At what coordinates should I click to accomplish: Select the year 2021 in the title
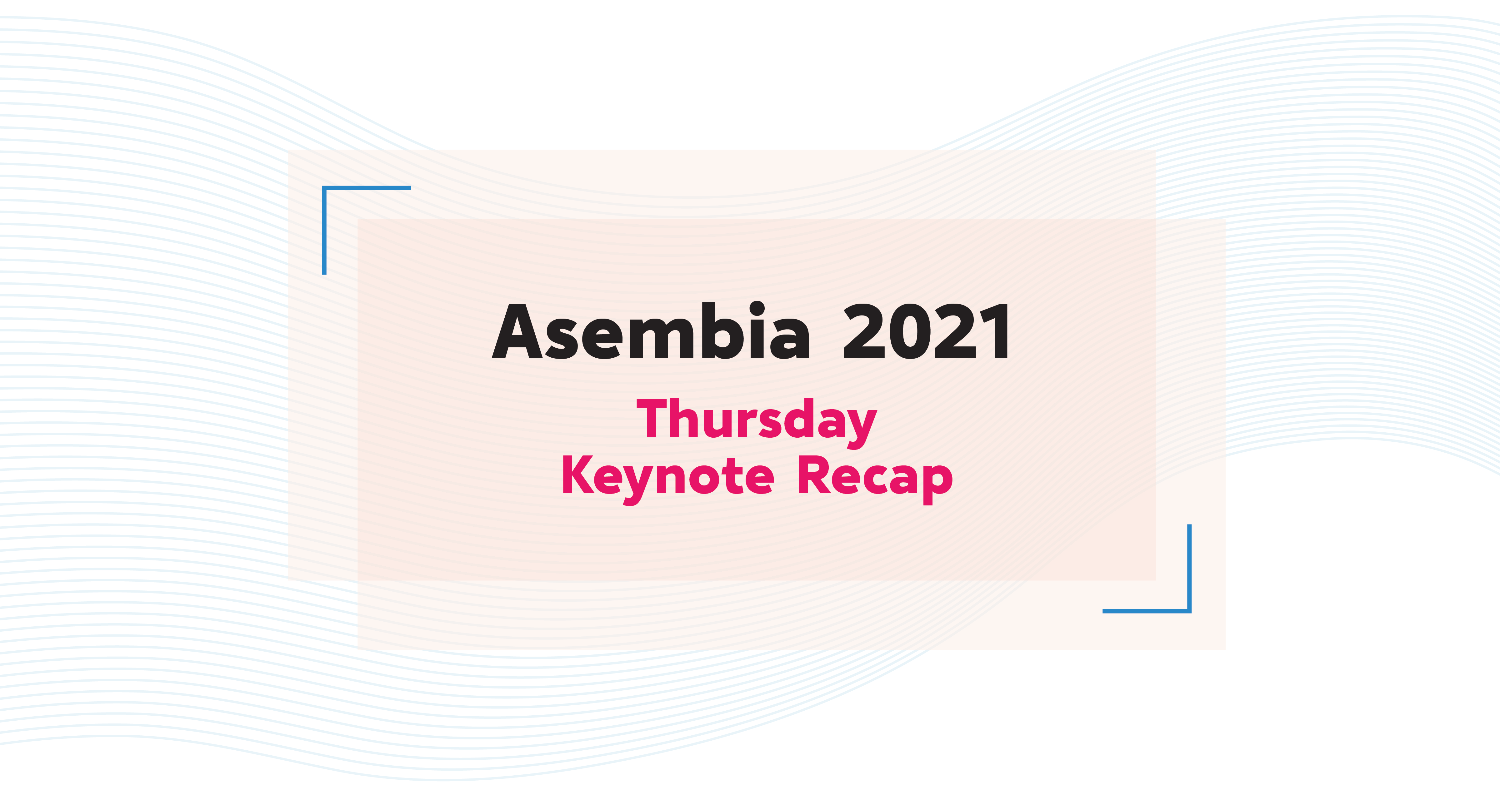pos(926,332)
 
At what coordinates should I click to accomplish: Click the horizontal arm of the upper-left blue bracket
pos(367,188)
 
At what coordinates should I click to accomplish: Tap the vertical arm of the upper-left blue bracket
pos(324,231)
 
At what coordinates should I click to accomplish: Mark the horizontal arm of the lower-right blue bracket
pos(1147,611)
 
